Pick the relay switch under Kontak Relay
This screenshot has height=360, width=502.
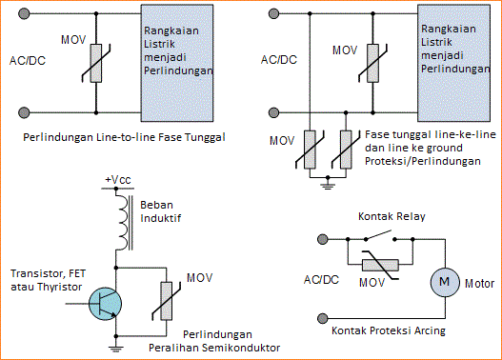381,238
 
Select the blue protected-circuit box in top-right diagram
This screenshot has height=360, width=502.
455,59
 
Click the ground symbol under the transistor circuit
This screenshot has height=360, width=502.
116,349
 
